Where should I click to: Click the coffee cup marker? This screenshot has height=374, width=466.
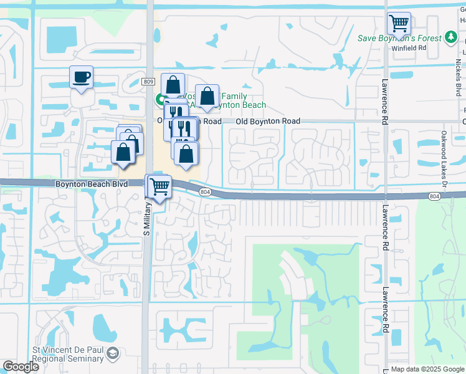[x=81, y=78]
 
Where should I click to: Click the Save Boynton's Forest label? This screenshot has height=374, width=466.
[x=399, y=38]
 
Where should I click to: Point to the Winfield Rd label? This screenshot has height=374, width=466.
[x=413, y=47]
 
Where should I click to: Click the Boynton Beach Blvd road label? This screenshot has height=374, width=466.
[x=91, y=185]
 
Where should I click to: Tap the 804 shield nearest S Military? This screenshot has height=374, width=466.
[x=206, y=192]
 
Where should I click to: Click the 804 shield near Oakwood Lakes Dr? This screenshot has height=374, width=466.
[x=434, y=196]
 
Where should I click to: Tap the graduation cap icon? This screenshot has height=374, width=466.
[x=113, y=354]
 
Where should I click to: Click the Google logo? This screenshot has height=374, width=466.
[x=21, y=367]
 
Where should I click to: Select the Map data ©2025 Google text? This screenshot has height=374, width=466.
[x=427, y=369]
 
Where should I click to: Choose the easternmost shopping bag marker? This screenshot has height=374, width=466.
[x=207, y=97]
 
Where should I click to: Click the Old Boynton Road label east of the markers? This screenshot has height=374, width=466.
[x=268, y=121]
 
